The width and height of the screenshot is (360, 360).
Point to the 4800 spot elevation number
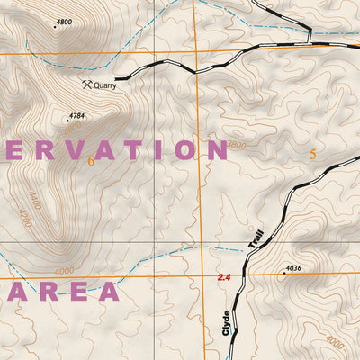pos(64,21)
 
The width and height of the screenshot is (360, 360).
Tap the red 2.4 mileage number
pos(224,277)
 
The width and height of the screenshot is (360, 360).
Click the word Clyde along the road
pos(227,322)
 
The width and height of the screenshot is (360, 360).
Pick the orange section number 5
pos(312,154)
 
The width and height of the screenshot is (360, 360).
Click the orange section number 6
pos(91,161)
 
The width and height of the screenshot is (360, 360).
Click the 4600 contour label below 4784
pos(72,129)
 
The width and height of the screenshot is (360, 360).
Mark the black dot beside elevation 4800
pos(55,27)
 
